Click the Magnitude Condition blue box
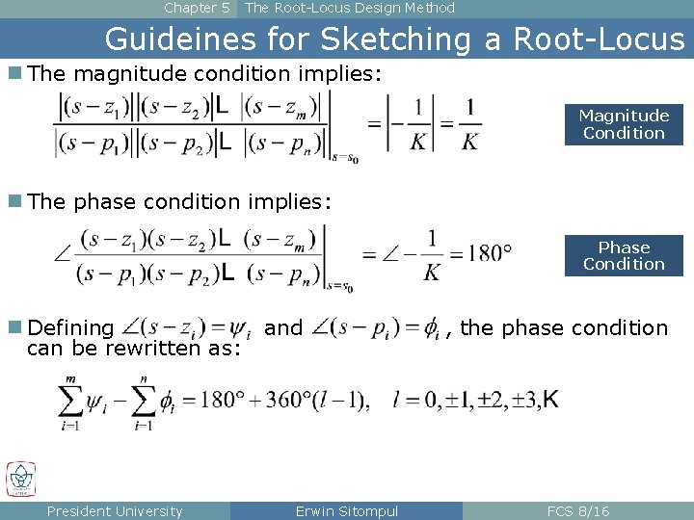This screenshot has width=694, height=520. pos(624,124)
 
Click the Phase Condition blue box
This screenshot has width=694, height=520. pos(624,255)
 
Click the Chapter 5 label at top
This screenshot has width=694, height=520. pos(197,8)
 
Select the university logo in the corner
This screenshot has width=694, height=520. pos(20,479)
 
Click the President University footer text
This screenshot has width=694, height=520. pos(115,511)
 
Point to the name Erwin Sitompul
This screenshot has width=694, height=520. pos(347,511)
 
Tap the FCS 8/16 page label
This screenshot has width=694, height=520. pos(577,511)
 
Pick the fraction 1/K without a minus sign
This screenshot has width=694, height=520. pos(468,124)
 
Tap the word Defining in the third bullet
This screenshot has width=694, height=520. pos(70,328)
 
